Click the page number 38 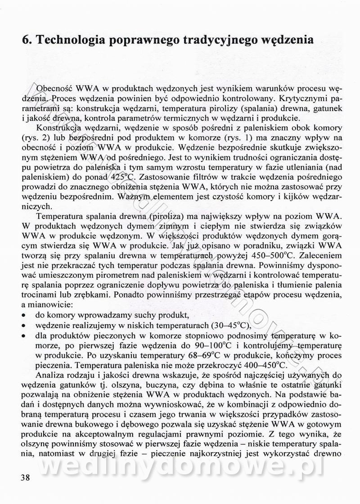(x=25, y=478)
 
